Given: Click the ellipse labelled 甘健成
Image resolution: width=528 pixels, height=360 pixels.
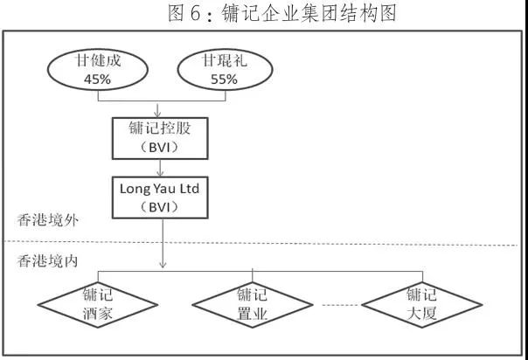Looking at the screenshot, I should coord(91,71).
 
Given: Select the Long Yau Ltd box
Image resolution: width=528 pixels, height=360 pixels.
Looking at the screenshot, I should coord(158,197).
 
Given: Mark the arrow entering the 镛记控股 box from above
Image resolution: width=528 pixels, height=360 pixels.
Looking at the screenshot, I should coord(158,111).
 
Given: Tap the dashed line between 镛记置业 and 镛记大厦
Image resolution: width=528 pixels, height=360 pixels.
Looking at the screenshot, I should coord(342,305).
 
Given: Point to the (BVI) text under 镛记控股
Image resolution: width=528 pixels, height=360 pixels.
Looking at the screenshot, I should coord(158,148).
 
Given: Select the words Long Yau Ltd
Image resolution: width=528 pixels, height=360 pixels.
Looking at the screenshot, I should coord(158,187).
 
